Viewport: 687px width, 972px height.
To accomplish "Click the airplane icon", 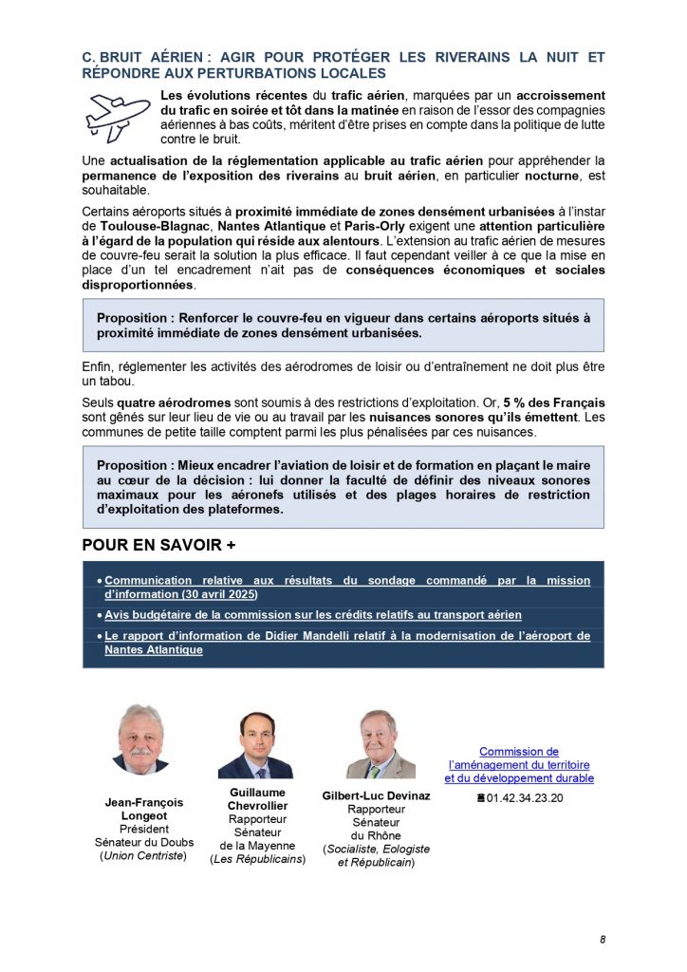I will (118, 117).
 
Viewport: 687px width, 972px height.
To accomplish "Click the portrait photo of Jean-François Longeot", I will (139, 738).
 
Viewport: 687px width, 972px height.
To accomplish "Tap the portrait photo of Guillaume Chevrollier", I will (255, 746).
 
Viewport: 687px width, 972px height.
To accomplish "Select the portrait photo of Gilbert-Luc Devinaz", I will (380, 743).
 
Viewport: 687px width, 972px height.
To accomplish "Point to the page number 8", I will (602, 940).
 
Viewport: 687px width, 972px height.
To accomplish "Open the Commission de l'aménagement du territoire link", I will (519, 764).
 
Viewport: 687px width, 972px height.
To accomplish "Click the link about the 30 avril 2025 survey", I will (346, 587).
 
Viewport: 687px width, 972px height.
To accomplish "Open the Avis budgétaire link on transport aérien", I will (312, 615).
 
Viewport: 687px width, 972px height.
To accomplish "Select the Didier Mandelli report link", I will (346, 643).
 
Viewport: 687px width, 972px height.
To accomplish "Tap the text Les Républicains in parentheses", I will (258, 859).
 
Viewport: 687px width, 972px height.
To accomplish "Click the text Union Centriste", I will (144, 856).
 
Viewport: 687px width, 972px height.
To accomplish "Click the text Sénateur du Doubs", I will (144, 842).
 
